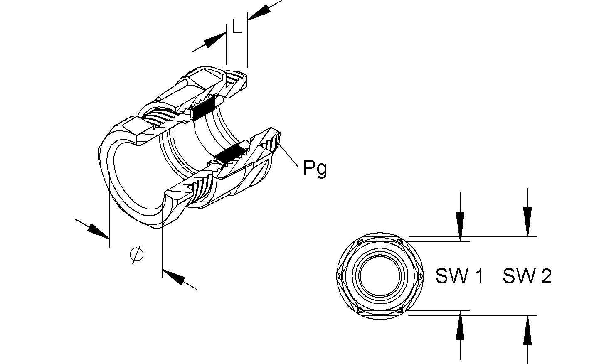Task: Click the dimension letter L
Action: pyautogui.click(x=237, y=28)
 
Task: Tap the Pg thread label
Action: pyautogui.click(x=315, y=168)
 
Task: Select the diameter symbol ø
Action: pyautogui.click(x=137, y=253)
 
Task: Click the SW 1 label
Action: pyautogui.click(x=459, y=276)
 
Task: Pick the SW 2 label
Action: pyautogui.click(x=527, y=276)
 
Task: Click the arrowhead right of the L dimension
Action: pyautogui.click(x=258, y=12)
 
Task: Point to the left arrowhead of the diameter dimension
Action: pyautogui.click(x=99, y=231)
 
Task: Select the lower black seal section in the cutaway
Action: pyautogui.click(x=229, y=154)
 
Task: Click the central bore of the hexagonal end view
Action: pyautogui.click(x=380, y=276)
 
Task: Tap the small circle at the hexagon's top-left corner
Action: pyautogui.click(x=360, y=242)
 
